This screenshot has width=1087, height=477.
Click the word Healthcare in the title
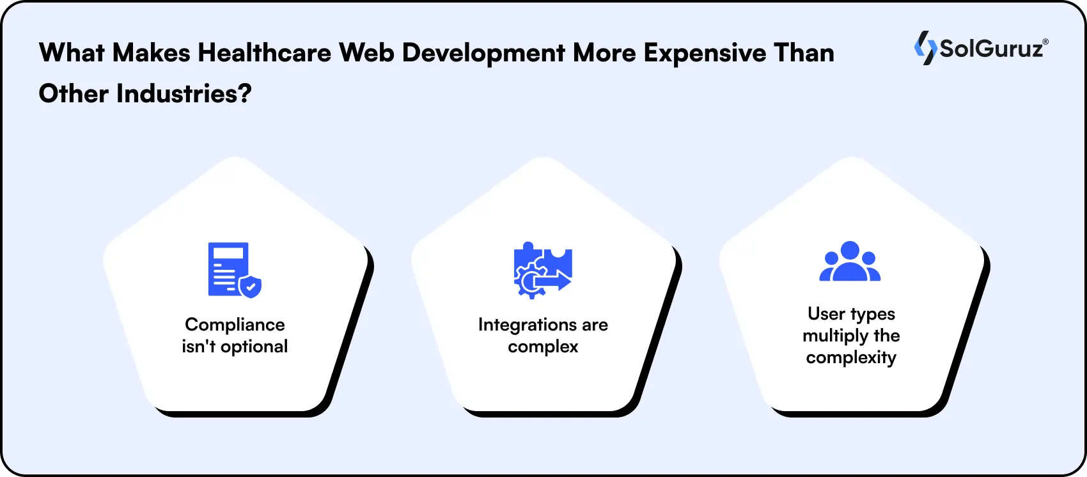point(264,52)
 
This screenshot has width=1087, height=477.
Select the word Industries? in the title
point(184,94)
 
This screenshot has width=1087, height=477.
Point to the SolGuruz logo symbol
point(925,48)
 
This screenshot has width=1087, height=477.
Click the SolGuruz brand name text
point(992,49)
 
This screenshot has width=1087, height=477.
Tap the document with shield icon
point(234,270)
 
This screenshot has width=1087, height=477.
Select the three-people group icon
point(850,262)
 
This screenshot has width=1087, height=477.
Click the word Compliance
point(235,325)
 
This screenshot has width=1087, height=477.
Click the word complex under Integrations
point(543,347)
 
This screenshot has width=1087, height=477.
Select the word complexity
point(851,357)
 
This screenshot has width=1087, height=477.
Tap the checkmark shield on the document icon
point(251,286)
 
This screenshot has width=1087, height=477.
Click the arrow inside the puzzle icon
point(554,280)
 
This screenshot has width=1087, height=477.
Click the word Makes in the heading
point(152,52)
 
